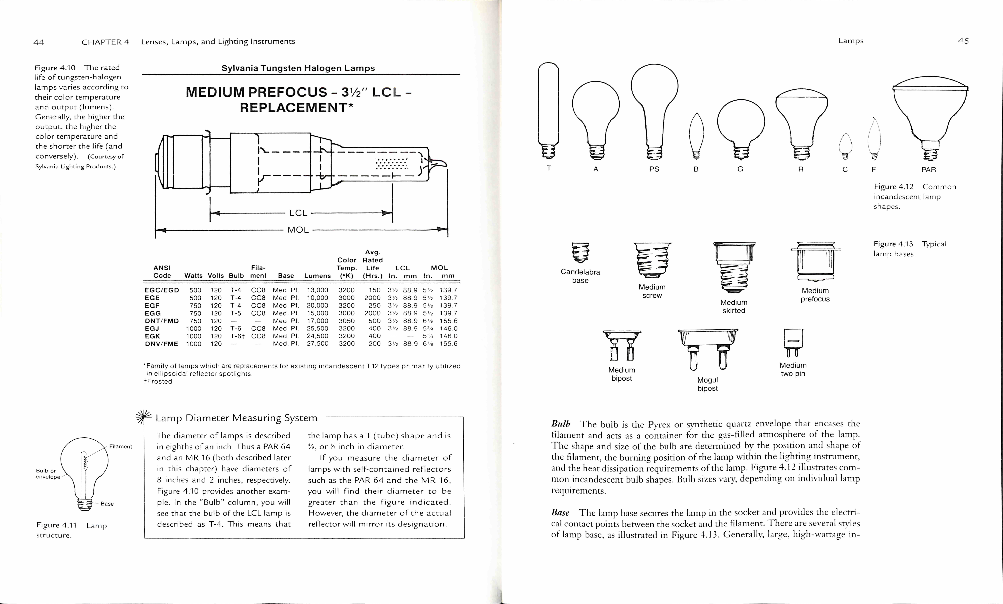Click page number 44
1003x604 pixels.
click(39, 42)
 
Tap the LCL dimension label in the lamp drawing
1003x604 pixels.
click(298, 213)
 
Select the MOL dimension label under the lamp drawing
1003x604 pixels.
click(298, 230)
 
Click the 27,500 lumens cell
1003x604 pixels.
click(317, 344)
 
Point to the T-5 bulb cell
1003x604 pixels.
click(236, 313)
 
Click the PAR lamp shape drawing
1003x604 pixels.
click(930, 118)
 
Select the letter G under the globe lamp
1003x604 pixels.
click(740, 169)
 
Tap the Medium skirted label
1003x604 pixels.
click(733, 306)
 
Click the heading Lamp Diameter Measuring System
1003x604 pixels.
click(236, 418)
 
